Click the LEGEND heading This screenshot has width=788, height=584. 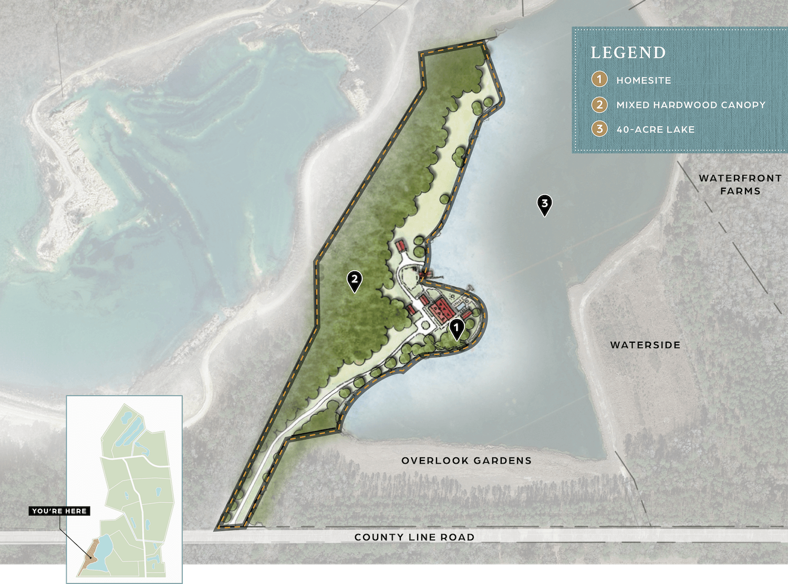point(628,53)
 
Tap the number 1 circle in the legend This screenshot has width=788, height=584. point(599,80)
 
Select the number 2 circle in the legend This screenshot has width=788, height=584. point(599,105)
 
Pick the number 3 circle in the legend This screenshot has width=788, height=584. point(599,129)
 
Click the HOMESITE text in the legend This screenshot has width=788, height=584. point(644,80)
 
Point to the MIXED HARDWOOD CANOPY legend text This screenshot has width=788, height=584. point(691,105)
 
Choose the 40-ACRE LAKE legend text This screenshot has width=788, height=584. point(655,129)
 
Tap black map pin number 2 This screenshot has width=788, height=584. point(355,280)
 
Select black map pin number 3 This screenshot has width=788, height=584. point(545,204)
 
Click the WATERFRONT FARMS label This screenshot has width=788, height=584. point(740,185)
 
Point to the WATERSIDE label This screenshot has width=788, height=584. point(645,345)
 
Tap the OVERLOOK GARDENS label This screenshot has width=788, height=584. point(466,460)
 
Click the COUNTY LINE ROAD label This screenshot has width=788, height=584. point(414,537)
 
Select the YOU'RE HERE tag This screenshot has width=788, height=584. point(59,511)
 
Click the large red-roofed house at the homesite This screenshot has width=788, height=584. point(440,309)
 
